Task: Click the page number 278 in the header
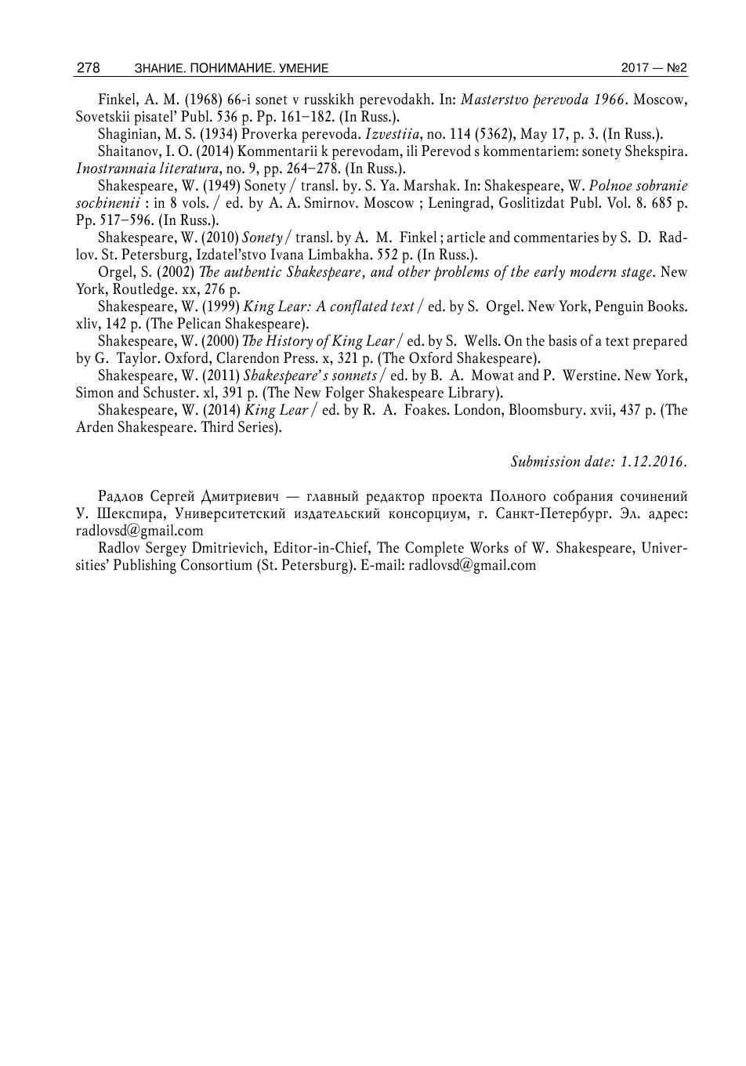tap(88, 68)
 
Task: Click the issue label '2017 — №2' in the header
tap(654, 68)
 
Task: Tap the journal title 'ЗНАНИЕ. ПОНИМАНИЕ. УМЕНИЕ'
tap(231, 69)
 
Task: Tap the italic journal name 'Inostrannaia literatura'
tap(147, 169)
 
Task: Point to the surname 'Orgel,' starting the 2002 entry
tap(117, 272)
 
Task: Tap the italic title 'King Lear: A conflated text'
tap(328, 306)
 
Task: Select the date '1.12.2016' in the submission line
tap(653, 462)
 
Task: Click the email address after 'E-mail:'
tap(473, 565)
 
